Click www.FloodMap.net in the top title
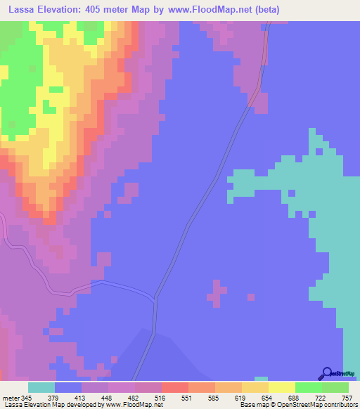217,9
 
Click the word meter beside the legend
11,397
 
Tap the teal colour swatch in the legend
41,387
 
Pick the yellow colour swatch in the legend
282,387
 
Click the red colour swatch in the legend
175,387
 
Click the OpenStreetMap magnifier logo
327,373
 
